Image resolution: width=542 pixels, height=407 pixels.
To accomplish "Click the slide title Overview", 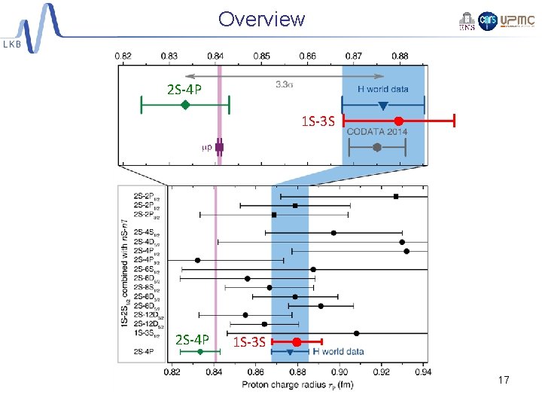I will (x=261, y=19).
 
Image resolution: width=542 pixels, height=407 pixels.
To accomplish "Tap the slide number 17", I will (x=504, y=381).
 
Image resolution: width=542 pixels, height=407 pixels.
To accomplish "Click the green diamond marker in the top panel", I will (x=184, y=105).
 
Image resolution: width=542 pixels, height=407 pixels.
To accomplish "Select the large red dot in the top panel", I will (x=398, y=121).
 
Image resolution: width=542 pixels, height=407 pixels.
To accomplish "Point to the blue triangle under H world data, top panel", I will (x=382, y=106).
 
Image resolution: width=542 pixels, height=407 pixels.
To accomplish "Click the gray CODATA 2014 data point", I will (x=377, y=148).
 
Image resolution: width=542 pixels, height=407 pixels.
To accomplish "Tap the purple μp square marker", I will (x=219, y=147).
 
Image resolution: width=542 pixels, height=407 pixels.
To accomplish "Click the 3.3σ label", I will (x=284, y=84).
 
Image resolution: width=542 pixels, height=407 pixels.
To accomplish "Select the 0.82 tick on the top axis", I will (x=123, y=56).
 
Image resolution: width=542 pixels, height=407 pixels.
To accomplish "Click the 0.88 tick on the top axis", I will (x=400, y=56).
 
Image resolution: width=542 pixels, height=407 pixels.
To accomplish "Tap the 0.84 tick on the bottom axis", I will (x=214, y=371).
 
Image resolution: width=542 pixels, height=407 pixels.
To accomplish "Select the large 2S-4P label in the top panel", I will (x=184, y=90).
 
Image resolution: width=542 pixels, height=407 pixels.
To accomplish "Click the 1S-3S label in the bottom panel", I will (x=249, y=343).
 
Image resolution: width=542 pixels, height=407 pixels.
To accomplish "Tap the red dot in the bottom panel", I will (x=297, y=342).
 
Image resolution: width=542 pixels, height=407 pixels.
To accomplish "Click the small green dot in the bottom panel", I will (x=200, y=351).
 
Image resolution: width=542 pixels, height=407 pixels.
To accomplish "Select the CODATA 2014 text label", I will (x=376, y=132).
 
